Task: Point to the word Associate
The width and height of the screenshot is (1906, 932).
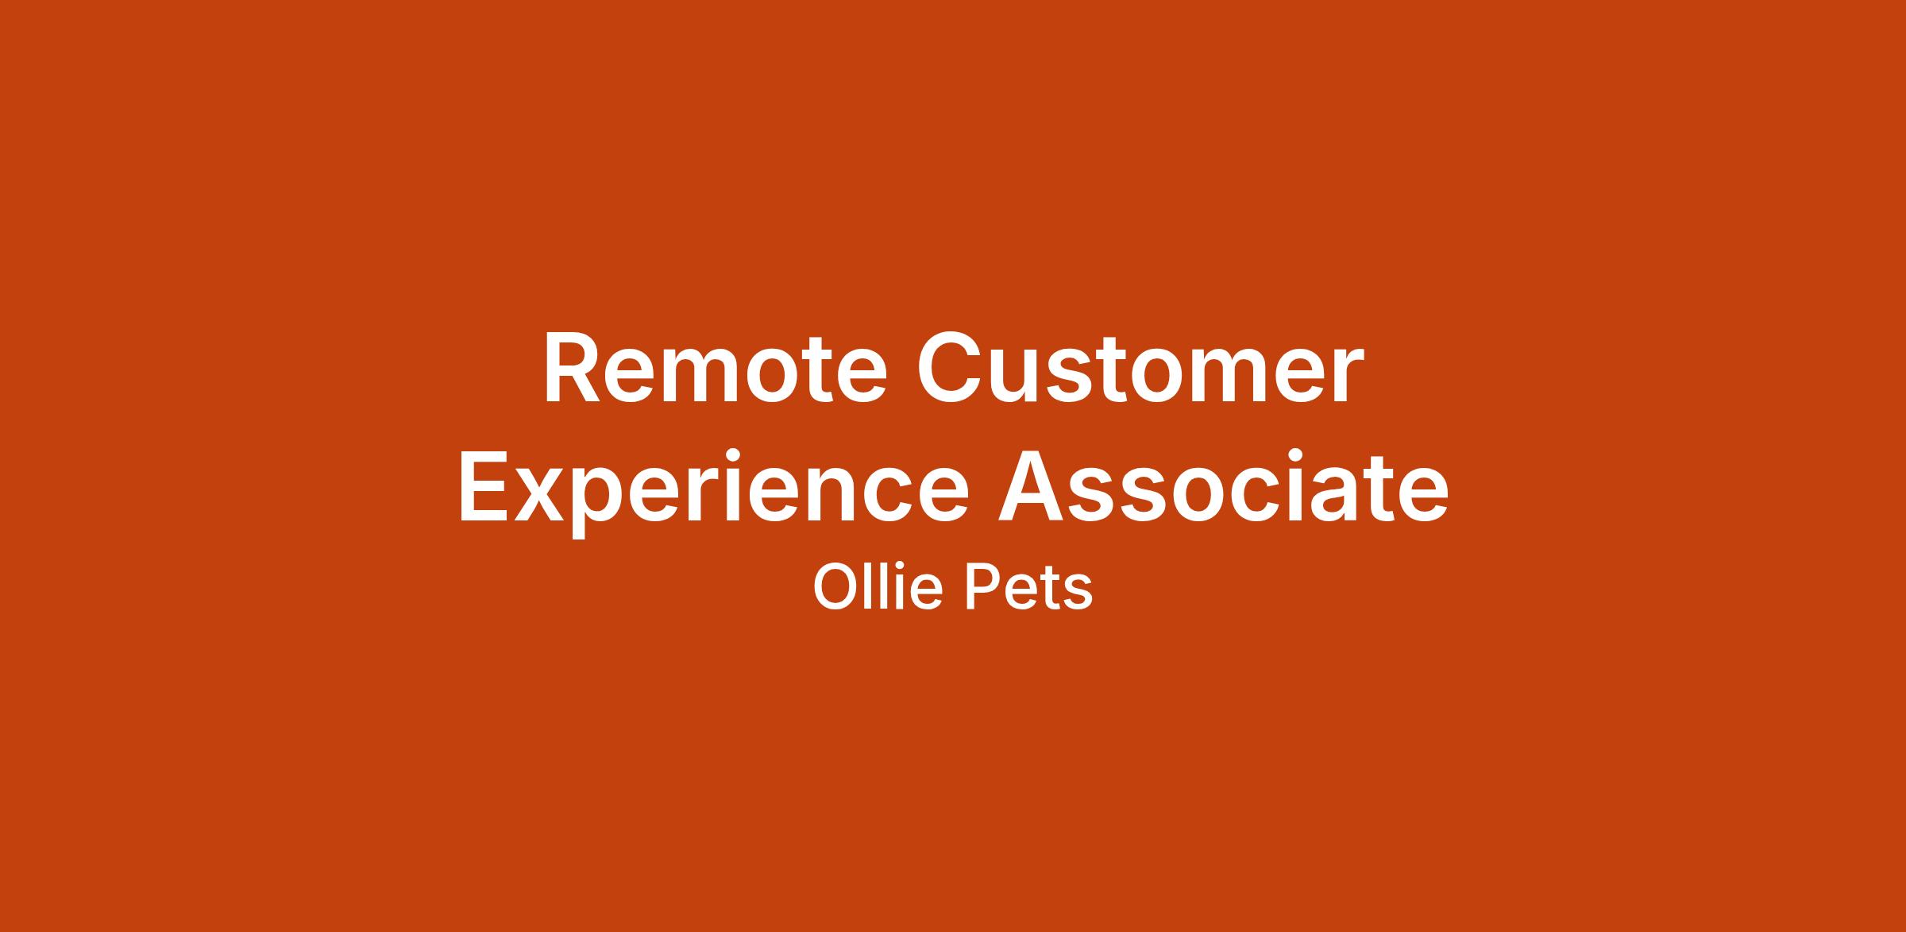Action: (x=1224, y=485)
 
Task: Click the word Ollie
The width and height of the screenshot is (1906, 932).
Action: (x=878, y=587)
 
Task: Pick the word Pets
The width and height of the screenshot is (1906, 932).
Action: (x=1029, y=588)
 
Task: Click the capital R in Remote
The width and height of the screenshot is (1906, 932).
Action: (x=572, y=369)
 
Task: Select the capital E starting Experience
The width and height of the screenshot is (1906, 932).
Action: (x=484, y=486)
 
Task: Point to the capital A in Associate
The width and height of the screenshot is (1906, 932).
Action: (x=1031, y=486)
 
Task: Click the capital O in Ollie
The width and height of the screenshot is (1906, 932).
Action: (x=833, y=587)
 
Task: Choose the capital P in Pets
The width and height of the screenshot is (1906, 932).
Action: (x=982, y=587)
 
